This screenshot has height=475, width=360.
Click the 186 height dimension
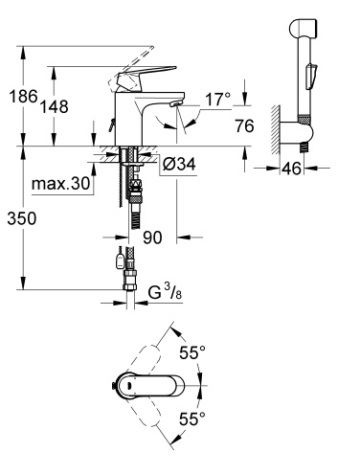pyautogui.click(x=23, y=96)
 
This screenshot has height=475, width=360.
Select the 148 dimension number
pyautogui.click(x=54, y=106)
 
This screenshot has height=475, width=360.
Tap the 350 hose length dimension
pyautogui.click(x=22, y=218)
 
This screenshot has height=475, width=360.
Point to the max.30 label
pyautogui.click(x=60, y=184)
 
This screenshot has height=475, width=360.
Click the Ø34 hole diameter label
pyautogui.click(x=179, y=165)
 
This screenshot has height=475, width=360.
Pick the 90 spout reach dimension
pyautogui.click(x=152, y=237)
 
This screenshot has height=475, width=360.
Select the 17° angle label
pyautogui.click(x=217, y=100)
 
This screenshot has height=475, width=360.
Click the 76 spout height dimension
pyautogui.click(x=244, y=125)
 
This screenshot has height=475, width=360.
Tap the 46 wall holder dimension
pyautogui.click(x=292, y=169)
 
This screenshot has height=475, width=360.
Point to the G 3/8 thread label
pyautogui.click(x=165, y=292)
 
